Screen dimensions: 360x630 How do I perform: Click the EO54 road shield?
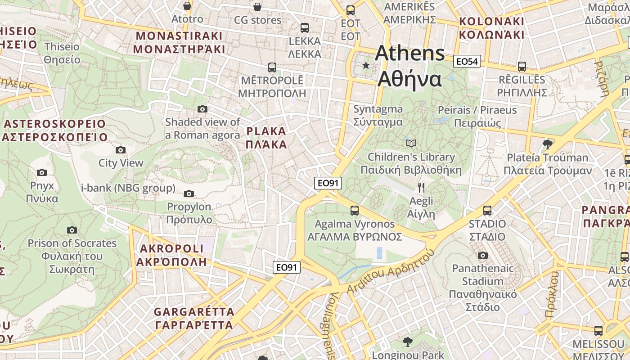coord(467,62)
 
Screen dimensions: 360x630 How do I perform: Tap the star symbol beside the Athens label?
coord(366,66)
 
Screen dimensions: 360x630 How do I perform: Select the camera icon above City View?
coord(121,150)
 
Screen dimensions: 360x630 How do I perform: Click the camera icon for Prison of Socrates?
coord(72,230)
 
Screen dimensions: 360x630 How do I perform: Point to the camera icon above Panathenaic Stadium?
coord(483,256)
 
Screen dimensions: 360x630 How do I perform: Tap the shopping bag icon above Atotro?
coord(187,6)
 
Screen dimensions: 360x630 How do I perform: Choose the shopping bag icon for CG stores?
coord(257,7)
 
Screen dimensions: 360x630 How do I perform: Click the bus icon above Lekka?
coord(305,28)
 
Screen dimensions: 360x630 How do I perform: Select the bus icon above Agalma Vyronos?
coord(355,210)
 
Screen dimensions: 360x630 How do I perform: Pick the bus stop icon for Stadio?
coord(487,210)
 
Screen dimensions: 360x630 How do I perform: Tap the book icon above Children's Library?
coord(411,144)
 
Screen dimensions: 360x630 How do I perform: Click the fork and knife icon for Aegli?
coord(421,188)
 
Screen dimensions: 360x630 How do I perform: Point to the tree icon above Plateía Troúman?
coord(547,144)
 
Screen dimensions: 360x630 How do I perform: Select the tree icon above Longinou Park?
coord(407,342)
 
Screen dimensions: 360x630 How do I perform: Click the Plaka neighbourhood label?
coord(266,138)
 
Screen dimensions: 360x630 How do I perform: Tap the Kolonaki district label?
coord(491,28)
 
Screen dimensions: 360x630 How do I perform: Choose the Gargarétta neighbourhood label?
coord(194,318)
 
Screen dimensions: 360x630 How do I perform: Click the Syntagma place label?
coord(378,116)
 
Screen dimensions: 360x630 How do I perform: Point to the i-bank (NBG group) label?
coord(128,188)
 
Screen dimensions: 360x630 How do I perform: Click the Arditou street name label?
coord(363,285)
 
